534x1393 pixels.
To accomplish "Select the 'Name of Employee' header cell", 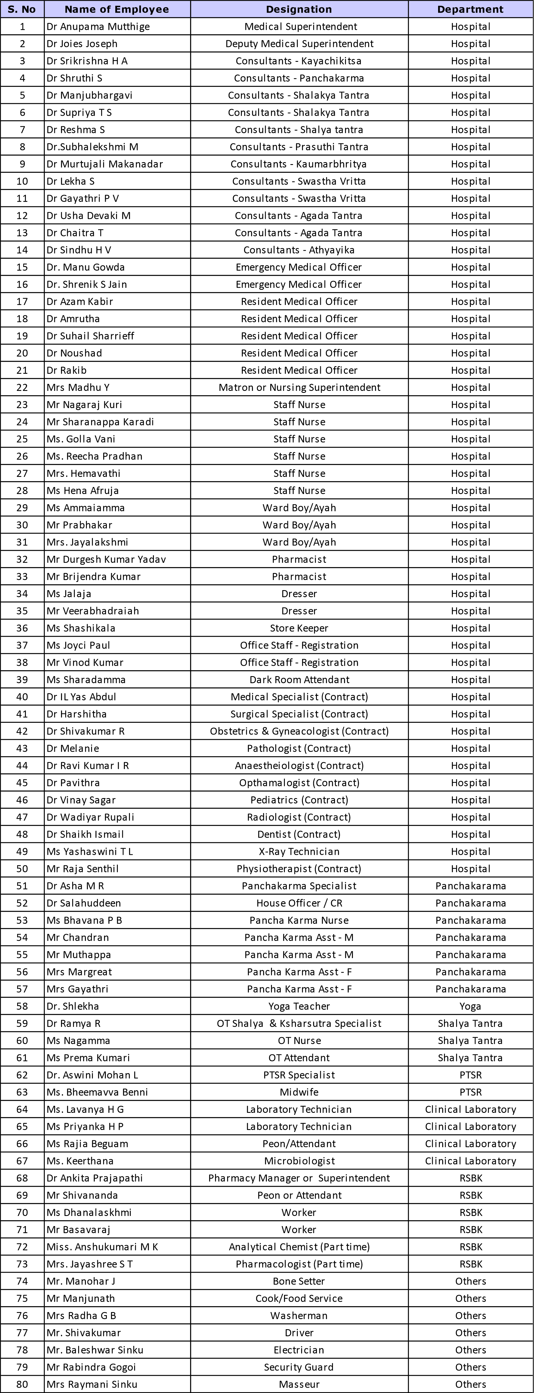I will coord(116,9).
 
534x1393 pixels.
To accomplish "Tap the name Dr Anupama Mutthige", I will coord(98,26).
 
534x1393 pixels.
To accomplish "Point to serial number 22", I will coord(22,387).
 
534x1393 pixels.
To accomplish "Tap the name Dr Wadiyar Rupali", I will coord(90,817).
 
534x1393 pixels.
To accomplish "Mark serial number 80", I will coord(22,1384).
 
